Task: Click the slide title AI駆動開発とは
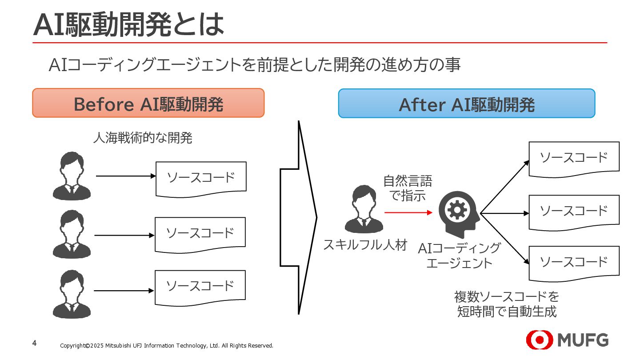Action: [x=129, y=25]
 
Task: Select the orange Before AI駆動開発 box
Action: [x=148, y=103]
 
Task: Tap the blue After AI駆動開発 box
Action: [x=466, y=104]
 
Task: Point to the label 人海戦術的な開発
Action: [x=142, y=138]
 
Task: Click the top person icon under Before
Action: [x=72, y=176]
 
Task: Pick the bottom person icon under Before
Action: [x=72, y=294]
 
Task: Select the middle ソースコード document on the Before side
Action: [x=200, y=234]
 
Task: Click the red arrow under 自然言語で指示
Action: [x=408, y=212]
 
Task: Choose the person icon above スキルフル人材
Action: [x=364, y=209]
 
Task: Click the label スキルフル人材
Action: [x=365, y=245]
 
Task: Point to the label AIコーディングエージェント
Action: [x=459, y=255]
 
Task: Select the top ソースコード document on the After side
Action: [x=574, y=158]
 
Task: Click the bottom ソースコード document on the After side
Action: [x=574, y=262]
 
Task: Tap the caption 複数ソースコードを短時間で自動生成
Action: [x=507, y=304]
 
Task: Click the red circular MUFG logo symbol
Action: [x=539, y=340]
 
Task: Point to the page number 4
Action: [x=35, y=343]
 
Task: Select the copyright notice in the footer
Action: [x=167, y=346]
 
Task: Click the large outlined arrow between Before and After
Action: [x=298, y=218]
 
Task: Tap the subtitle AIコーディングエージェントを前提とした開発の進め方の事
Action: [x=254, y=65]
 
